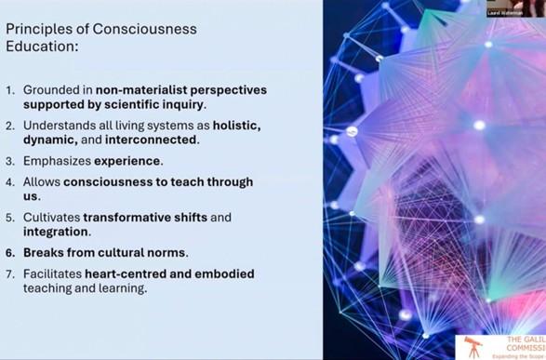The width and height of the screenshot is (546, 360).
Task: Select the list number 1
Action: click(10, 90)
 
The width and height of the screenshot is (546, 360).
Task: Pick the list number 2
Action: click(10, 125)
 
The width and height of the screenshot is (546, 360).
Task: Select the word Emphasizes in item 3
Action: click(58, 160)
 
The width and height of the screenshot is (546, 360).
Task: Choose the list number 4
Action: click(10, 181)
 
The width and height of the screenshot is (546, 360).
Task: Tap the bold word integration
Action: click(54, 231)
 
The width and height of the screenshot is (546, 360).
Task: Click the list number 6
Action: click(10, 252)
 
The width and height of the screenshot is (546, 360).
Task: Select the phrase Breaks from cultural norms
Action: click(105, 252)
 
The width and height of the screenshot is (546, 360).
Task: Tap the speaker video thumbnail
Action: click(515, 7)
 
